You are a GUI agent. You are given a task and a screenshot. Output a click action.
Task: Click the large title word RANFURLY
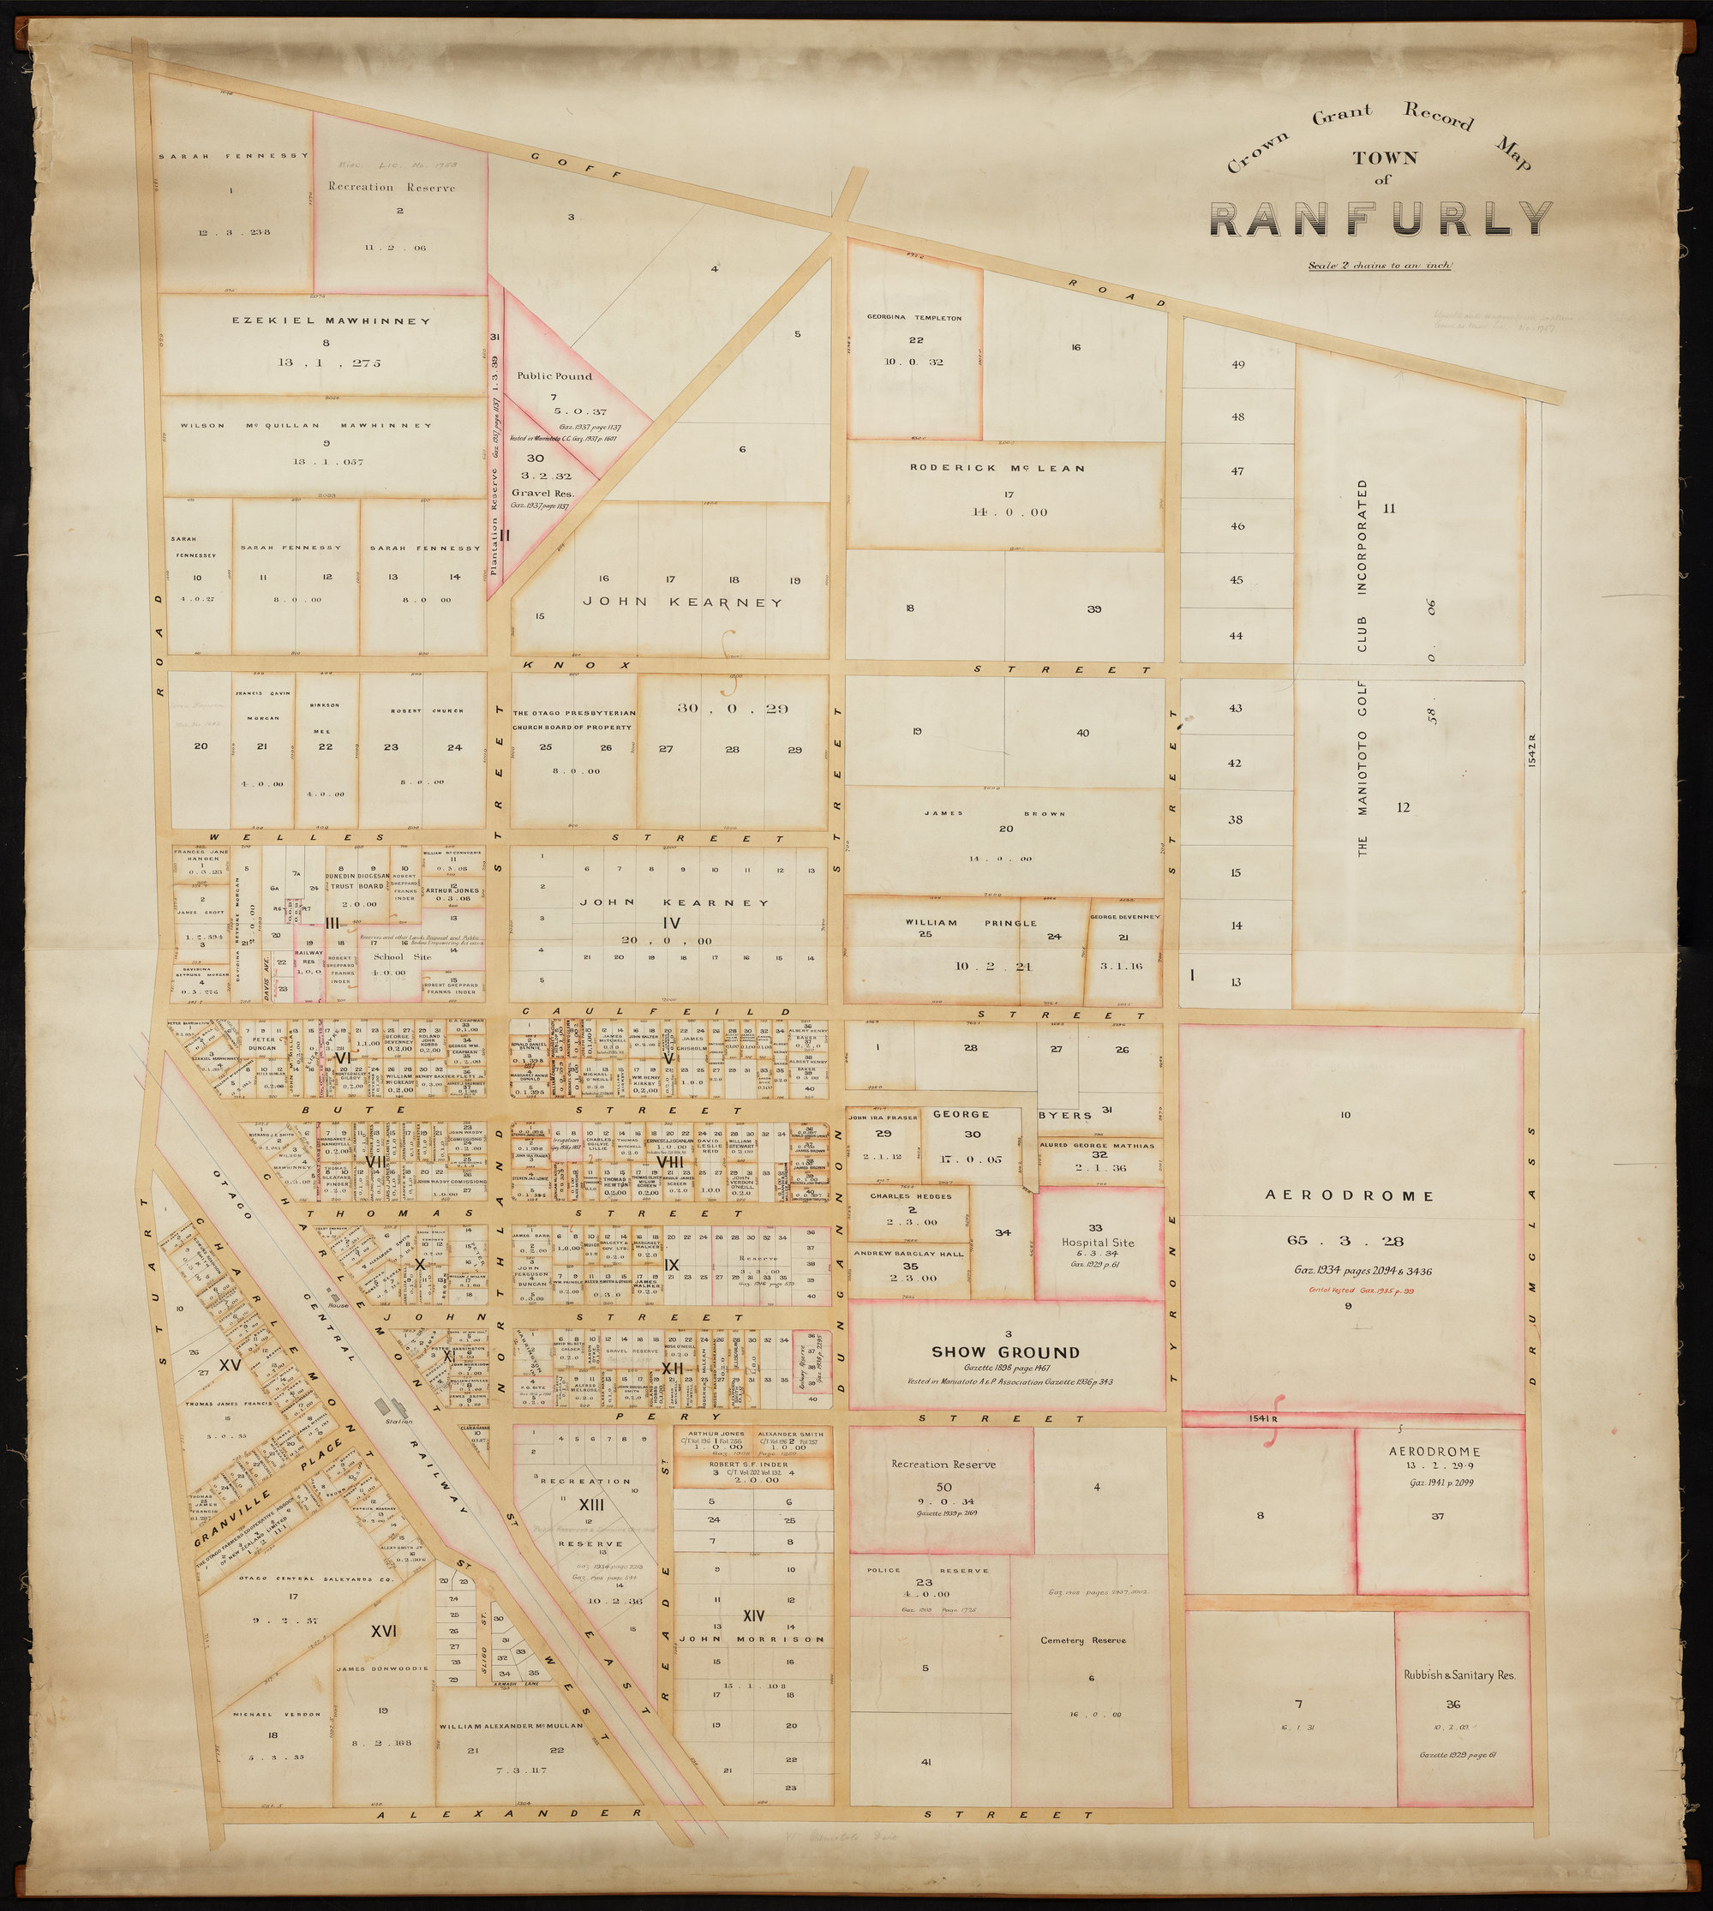1381,219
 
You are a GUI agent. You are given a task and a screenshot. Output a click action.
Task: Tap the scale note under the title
1380,266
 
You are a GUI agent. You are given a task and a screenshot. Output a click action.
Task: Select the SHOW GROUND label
1005,1351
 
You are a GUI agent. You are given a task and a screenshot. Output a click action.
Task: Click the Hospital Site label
1098,1242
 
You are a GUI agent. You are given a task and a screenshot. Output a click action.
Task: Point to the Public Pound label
554,375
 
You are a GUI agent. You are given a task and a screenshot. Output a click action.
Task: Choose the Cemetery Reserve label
1082,1640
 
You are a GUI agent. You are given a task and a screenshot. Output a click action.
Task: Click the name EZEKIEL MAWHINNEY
332,321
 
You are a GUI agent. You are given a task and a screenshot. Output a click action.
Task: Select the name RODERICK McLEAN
997,468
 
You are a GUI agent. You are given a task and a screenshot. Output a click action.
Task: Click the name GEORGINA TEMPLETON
913,318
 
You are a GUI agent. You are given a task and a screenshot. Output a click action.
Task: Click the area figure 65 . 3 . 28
1346,1240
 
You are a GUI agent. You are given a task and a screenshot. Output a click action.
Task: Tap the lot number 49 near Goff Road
1237,364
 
